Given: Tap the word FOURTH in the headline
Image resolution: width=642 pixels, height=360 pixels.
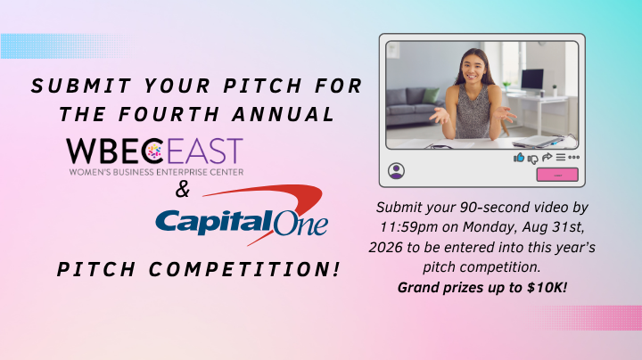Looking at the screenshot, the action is pyautogui.click(x=169, y=114).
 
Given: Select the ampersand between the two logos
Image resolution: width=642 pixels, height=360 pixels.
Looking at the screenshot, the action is pyautogui.click(x=183, y=190).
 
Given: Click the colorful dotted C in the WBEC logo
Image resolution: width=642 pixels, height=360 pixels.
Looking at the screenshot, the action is pyautogui.click(x=152, y=151).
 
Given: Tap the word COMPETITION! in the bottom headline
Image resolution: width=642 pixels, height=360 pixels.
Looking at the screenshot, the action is pyautogui.click(x=244, y=270).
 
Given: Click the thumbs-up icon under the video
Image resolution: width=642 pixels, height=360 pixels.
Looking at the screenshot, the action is pyautogui.click(x=519, y=158).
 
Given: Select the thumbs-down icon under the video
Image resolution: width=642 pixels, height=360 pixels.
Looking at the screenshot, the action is pyautogui.click(x=532, y=159).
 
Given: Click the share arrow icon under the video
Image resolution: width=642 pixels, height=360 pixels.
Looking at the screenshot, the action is pyautogui.click(x=547, y=157).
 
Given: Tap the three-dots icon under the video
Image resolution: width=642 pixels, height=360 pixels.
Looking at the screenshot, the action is pyautogui.click(x=573, y=157).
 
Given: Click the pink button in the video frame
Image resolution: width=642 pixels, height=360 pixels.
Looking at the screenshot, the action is pyautogui.click(x=557, y=175).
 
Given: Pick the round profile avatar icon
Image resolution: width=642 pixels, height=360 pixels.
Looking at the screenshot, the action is pyautogui.click(x=396, y=171).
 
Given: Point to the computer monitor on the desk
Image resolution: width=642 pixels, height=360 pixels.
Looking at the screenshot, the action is pyautogui.click(x=531, y=80).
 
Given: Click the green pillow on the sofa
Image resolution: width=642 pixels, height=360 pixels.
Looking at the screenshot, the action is pyautogui.click(x=431, y=95).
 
